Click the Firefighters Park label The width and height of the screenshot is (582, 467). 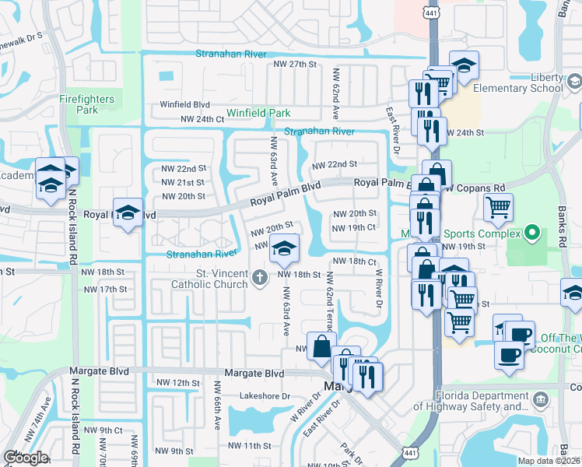click(86, 104)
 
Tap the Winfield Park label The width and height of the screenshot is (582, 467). click(258, 114)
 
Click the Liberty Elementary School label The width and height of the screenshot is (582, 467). click(524, 83)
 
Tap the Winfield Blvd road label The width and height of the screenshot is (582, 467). click(185, 104)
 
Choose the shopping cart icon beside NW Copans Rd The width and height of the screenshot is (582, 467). click(498, 207)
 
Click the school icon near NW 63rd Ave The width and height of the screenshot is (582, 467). click(284, 249)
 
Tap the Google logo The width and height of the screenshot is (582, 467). click(26, 458)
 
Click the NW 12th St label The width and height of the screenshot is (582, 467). click(173, 383)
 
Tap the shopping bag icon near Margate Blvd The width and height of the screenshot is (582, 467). click(321, 347)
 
